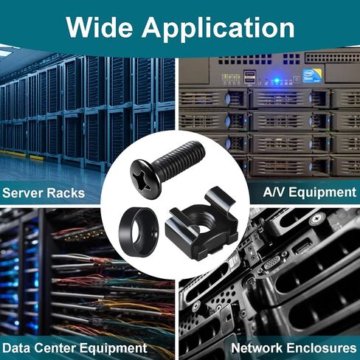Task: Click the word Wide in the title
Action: (x=99, y=27)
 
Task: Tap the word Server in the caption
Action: (x=22, y=193)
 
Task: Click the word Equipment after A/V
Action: (x=322, y=193)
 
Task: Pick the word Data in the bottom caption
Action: (x=16, y=348)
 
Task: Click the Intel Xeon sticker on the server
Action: (x=312, y=75)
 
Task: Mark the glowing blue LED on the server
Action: (x=277, y=80)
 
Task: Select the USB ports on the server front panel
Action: (x=249, y=76)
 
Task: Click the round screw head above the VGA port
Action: (x=317, y=218)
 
